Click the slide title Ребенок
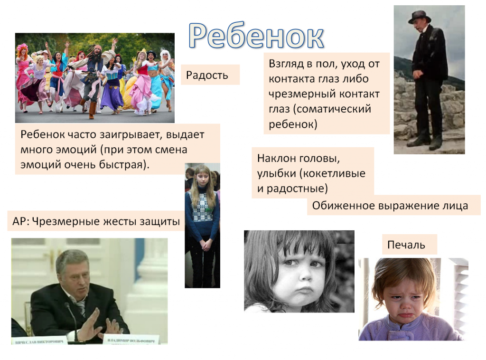click(256, 36)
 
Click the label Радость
click(207, 75)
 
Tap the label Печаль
click(406, 245)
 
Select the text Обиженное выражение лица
click(390, 206)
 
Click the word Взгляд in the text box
click(286, 64)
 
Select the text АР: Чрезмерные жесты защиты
click(96, 221)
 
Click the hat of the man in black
click(420, 17)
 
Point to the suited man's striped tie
click(81, 307)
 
